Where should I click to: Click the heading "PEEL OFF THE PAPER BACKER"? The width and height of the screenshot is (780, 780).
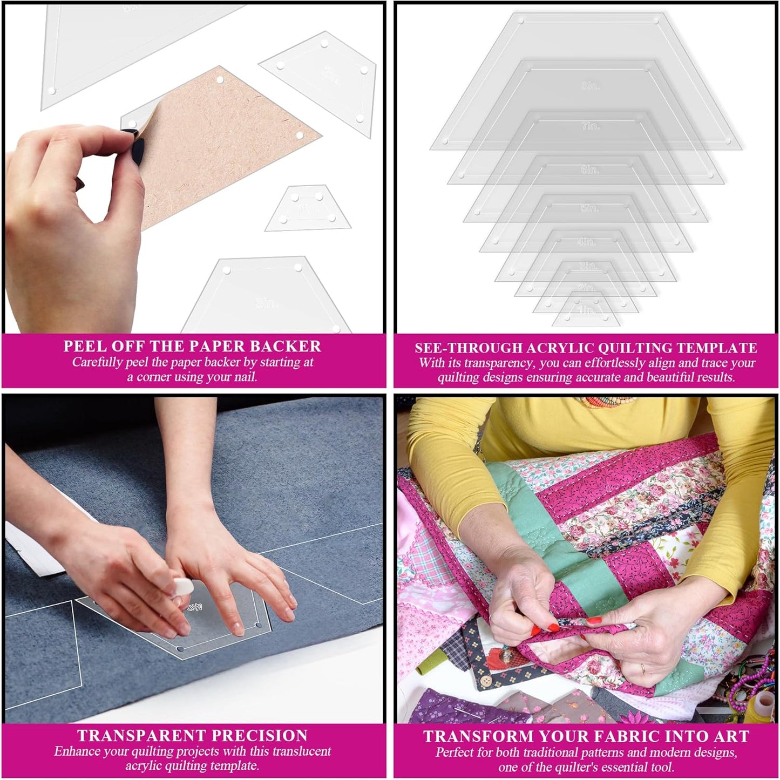[192, 346]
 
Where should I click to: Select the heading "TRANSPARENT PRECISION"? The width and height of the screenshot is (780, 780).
[192, 736]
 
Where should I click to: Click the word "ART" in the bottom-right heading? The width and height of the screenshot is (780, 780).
[731, 737]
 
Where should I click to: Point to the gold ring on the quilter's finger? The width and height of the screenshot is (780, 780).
[642, 668]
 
